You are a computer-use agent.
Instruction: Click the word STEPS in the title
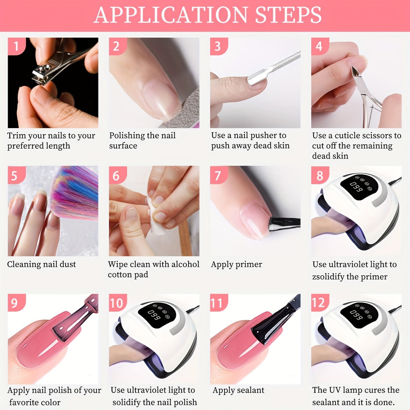[x=282, y=15]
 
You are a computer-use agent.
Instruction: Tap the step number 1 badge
[x=16, y=46]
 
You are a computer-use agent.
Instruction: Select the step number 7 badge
[x=218, y=175]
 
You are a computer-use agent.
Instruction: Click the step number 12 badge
[x=320, y=303]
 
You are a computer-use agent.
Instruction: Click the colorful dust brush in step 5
[x=76, y=192]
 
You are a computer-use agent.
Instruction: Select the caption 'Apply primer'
[x=237, y=264]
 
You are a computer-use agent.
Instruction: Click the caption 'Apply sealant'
[x=238, y=390]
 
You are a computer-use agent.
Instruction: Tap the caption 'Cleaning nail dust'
[x=41, y=264]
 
